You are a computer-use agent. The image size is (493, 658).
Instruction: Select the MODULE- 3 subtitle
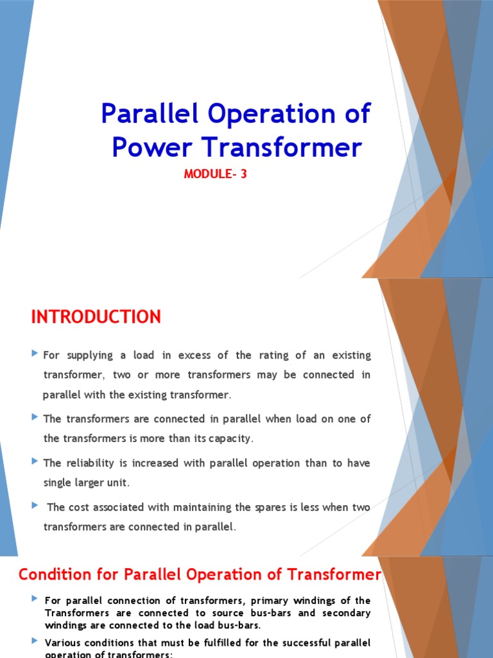[x=215, y=173]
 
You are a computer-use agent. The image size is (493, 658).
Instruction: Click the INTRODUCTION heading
[x=96, y=317]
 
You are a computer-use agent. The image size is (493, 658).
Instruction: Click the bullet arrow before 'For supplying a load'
[x=35, y=354]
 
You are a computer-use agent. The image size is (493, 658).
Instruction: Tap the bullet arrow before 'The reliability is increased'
[x=35, y=461]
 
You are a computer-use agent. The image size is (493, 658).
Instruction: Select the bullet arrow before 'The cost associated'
[x=35, y=506]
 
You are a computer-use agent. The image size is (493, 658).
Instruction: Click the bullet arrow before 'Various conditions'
[x=35, y=641]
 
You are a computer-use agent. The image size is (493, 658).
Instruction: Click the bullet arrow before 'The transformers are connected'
[x=35, y=418]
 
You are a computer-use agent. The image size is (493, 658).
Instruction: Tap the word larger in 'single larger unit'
[x=90, y=483]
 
